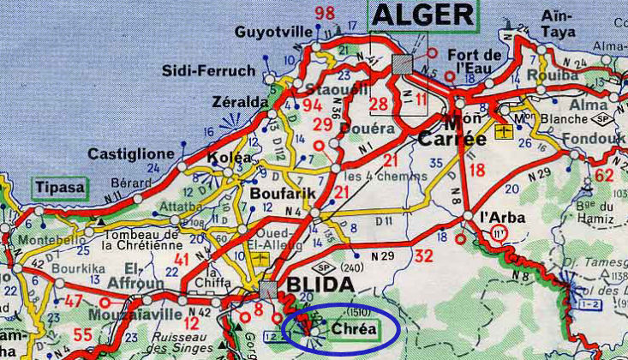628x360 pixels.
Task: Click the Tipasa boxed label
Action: coord(60,188)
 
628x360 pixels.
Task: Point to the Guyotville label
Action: coord(272,33)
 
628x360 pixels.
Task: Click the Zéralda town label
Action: coord(241,103)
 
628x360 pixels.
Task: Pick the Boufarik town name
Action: coord(278,194)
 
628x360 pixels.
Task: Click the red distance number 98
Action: coord(325,14)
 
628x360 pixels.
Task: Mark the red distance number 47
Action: coord(74,301)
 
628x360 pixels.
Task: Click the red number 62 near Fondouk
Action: coord(605,177)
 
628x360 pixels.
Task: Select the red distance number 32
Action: coord(423,255)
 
